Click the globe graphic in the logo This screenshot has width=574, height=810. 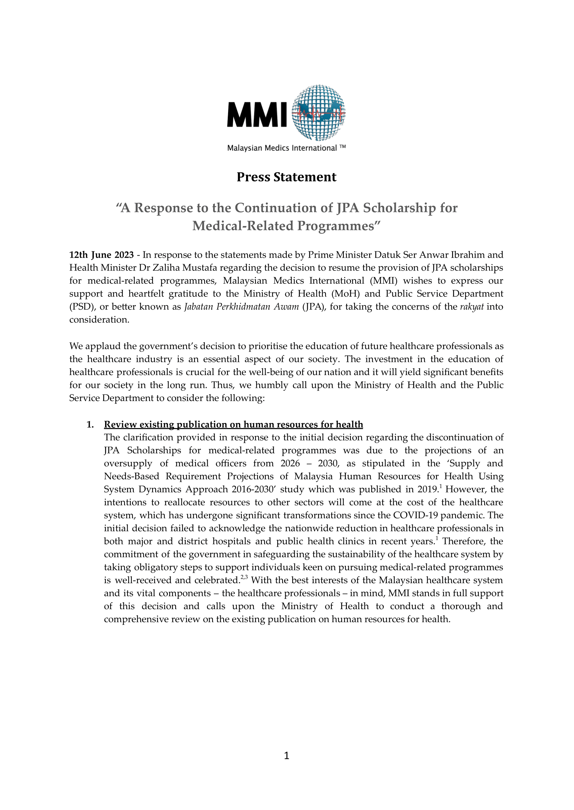click(x=319, y=113)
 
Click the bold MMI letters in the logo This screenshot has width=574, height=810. click(x=257, y=114)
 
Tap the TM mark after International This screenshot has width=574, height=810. click(x=342, y=147)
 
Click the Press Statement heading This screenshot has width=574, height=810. click(x=286, y=177)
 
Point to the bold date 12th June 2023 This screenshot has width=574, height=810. click(x=102, y=255)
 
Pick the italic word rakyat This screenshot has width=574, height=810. click(x=471, y=307)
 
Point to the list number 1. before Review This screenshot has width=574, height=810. click(x=90, y=425)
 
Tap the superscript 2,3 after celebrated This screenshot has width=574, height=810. click(x=244, y=578)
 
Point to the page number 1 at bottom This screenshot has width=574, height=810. click(x=286, y=756)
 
